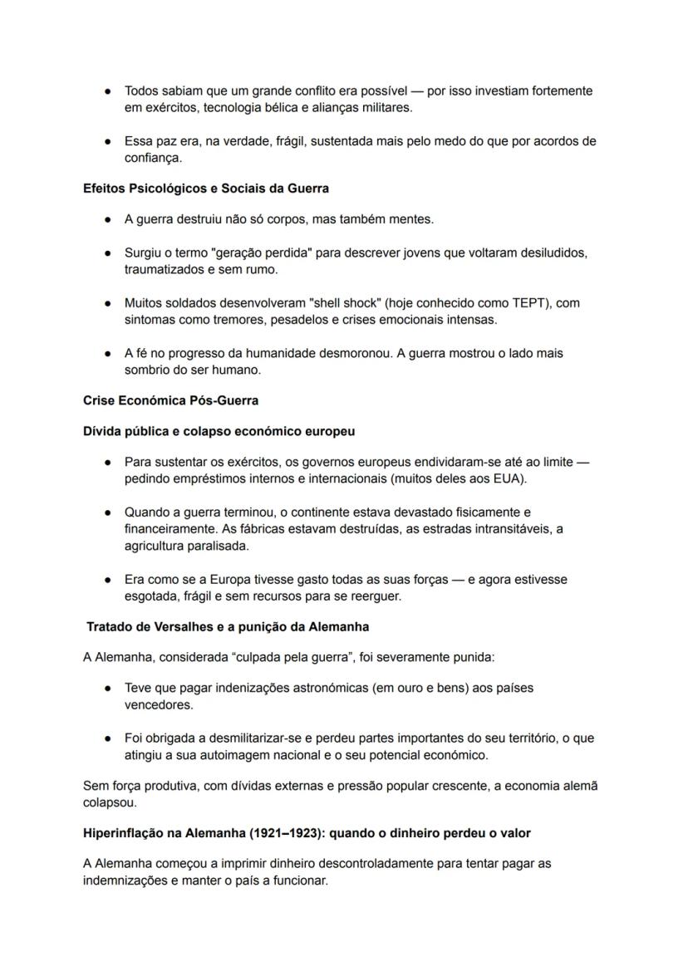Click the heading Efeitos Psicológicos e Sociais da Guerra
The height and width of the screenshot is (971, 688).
[x=205, y=189]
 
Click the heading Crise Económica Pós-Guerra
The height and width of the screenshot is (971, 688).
[x=170, y=400]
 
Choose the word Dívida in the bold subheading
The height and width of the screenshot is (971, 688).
[x=103, y=431]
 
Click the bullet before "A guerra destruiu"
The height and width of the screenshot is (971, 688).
[x=108, y=220]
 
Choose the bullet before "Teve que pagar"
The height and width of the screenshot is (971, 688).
[x=108, y=689]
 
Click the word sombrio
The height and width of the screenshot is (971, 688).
[x=147, y=370]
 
